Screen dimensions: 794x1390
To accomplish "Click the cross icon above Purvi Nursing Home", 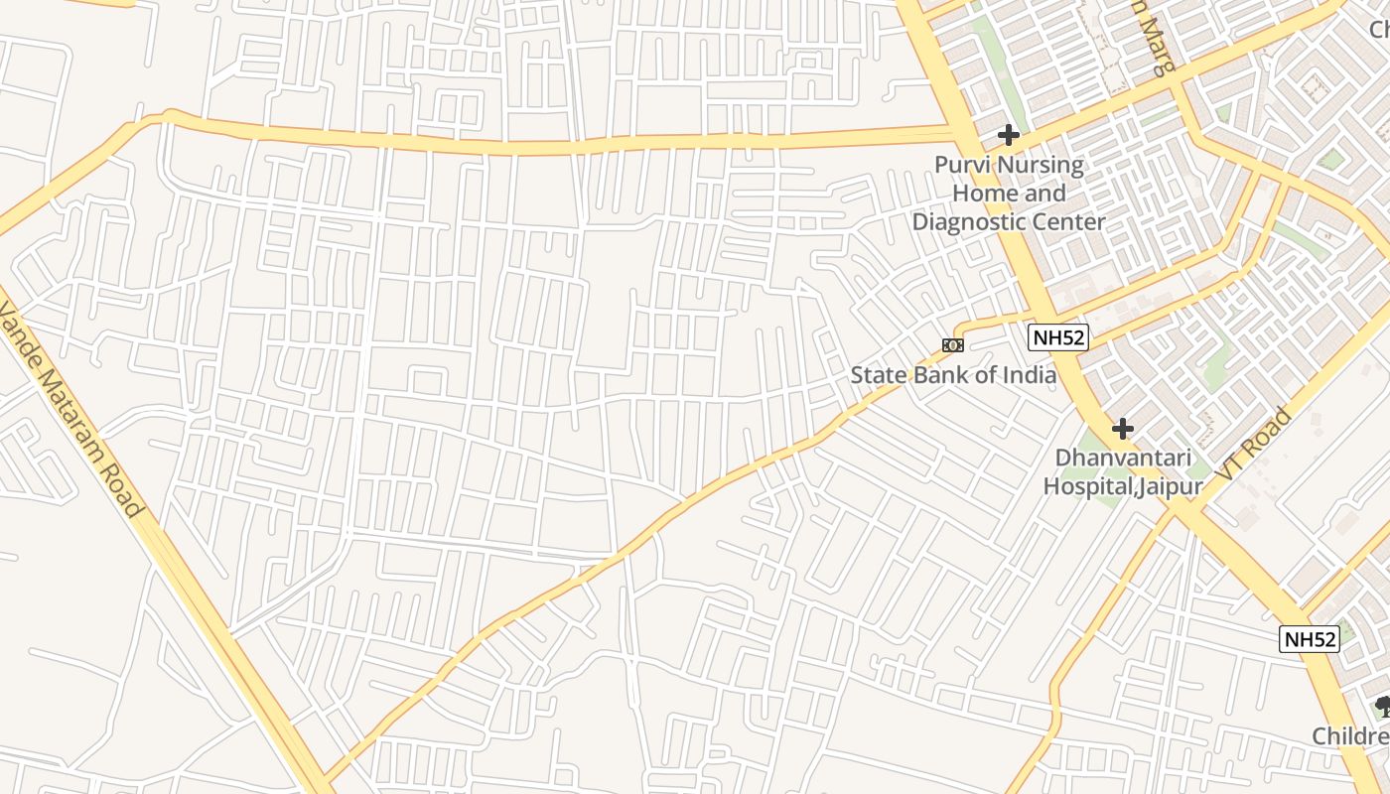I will click(1009, 135).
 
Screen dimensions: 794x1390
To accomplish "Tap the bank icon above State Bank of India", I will click(952, 345).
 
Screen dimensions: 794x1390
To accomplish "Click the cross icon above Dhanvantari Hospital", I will click(1123, 429).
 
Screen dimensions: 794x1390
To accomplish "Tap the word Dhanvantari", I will click(1122, 458).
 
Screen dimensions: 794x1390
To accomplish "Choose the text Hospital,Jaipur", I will click(1122, 486).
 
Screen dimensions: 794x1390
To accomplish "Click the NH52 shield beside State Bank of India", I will click(1058, 337).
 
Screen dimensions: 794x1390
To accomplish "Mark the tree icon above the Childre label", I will click(1381, 707).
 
